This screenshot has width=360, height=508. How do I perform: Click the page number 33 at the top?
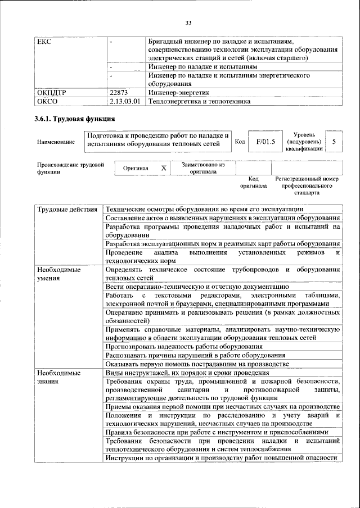click(188, 22)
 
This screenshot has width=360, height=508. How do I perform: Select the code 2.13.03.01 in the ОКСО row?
click(126, 102)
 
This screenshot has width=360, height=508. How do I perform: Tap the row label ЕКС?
click(44, 42)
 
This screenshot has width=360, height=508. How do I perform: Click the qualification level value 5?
click(334, 142)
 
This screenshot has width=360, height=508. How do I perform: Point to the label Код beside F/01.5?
click(239, 142)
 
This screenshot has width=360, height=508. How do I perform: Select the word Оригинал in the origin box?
click(136, 168)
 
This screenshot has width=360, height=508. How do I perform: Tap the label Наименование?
click(56, 142)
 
